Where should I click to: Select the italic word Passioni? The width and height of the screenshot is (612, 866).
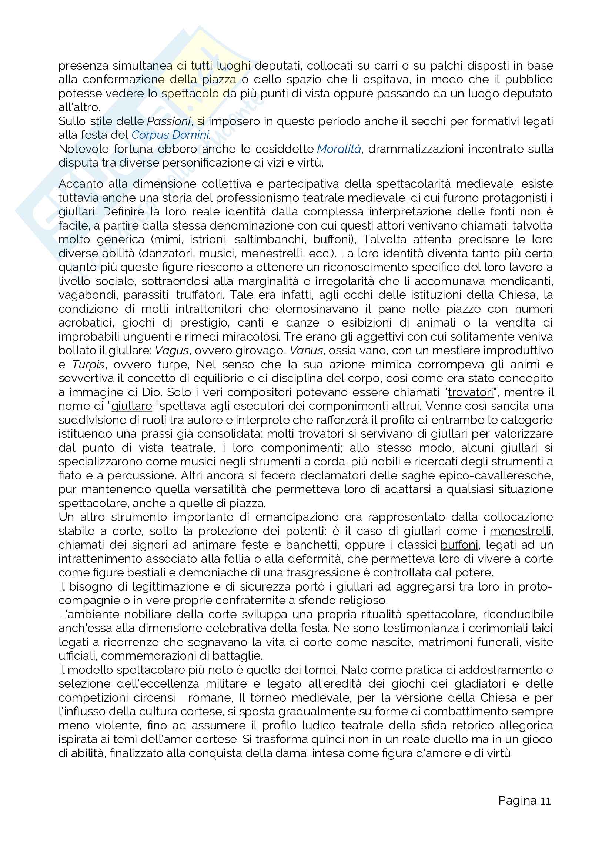(x=168, y=121)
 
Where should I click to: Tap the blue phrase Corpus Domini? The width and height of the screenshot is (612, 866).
(x=171, y=135)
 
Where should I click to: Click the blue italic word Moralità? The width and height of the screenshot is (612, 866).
(x=339, y=149)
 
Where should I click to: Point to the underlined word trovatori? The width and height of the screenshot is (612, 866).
(x=470, y=392)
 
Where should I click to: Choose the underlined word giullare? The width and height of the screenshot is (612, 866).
(x=131, y=406)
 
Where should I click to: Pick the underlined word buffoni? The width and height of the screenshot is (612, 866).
(x=459, y=545)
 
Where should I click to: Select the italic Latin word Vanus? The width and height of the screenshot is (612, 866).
(x=306, y=351)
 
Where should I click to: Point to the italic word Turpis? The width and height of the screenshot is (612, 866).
(x=88, y=365)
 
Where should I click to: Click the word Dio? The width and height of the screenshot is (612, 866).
(x=153, y=392)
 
